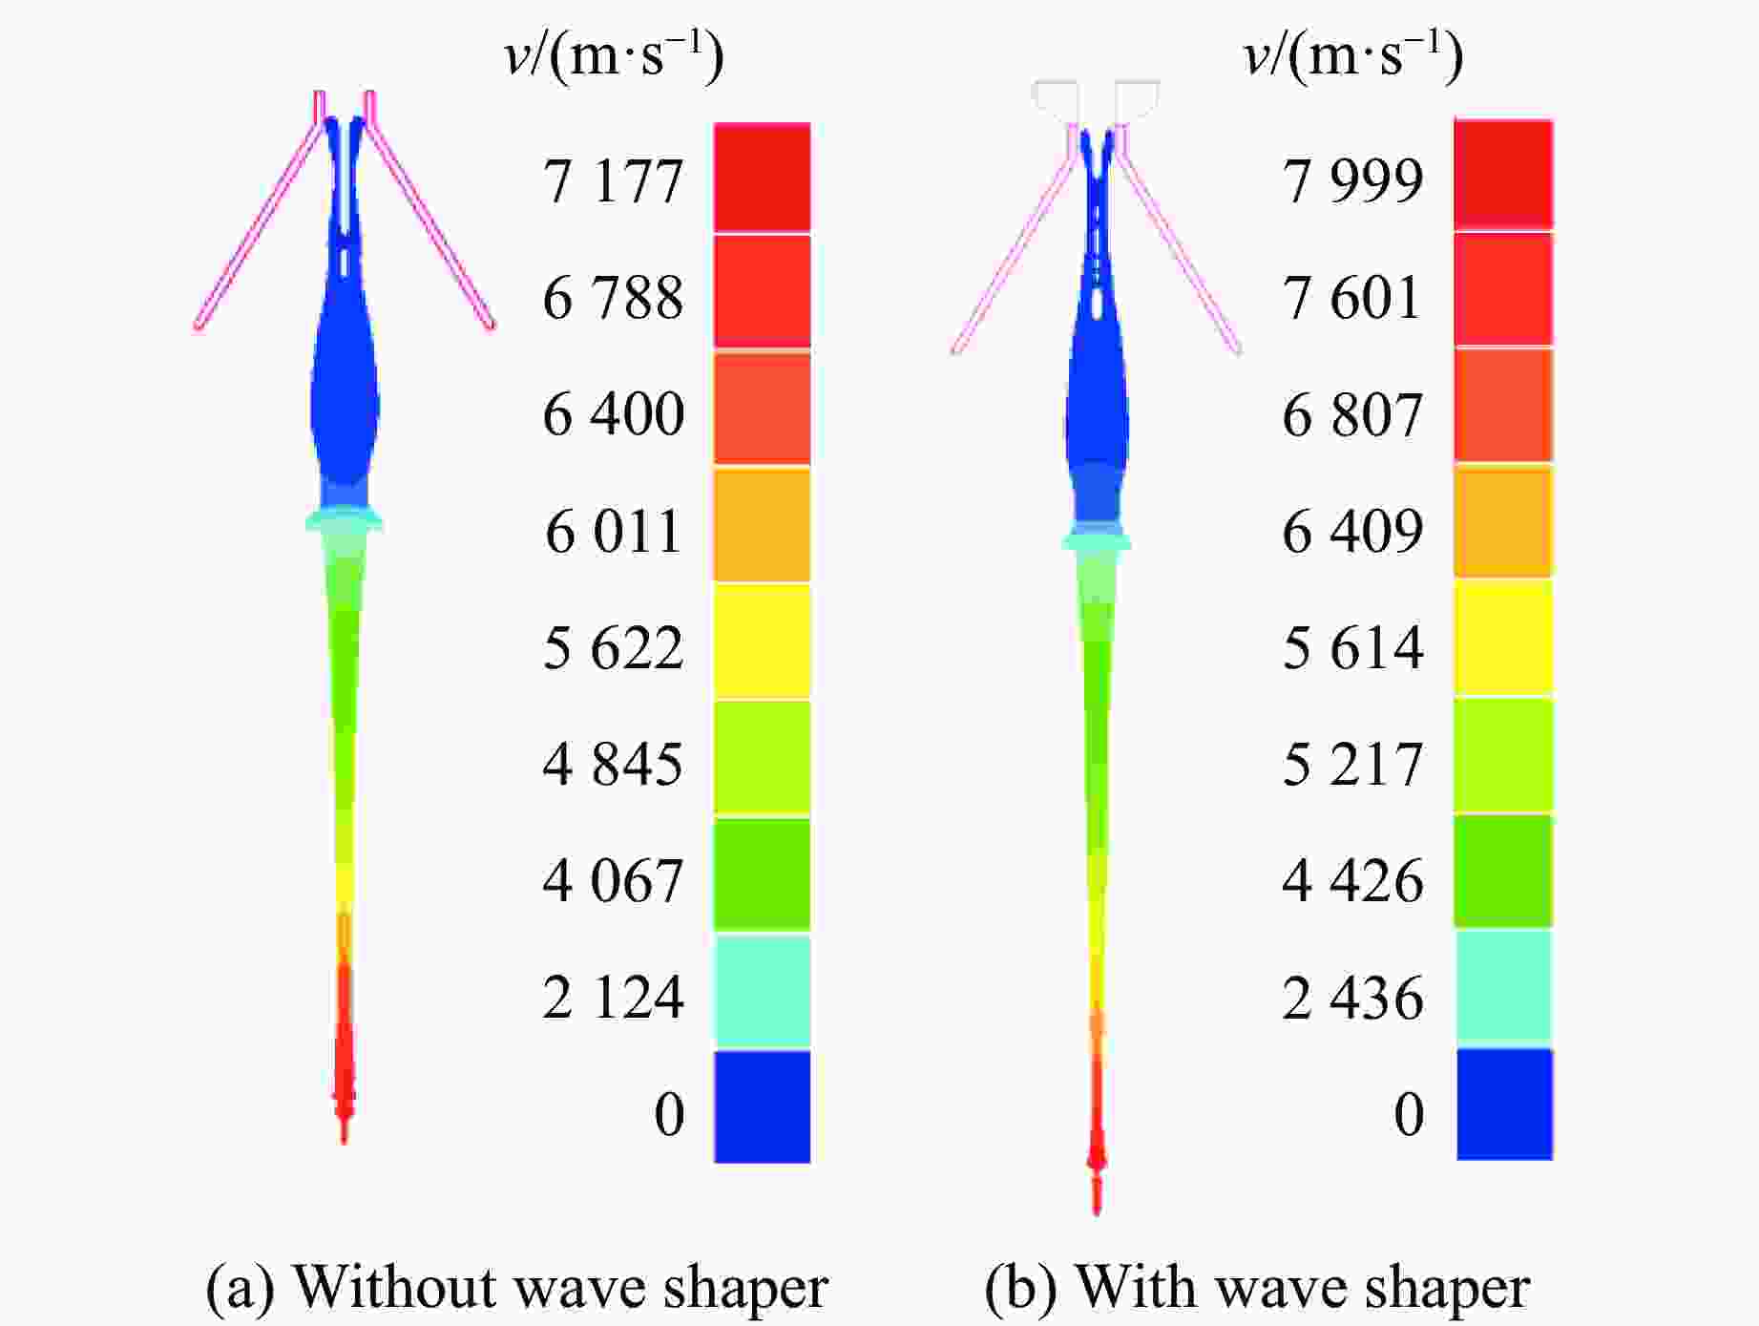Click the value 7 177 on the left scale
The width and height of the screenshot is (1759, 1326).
tap(613, 180)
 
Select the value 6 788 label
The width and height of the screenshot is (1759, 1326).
tap(613, 297)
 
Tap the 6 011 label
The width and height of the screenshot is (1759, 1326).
tap(613, 531)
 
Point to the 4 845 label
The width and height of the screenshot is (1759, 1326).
tap(613, 764)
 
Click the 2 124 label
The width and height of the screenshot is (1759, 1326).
tap(613, 998)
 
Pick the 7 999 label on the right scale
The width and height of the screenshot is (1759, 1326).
tap(1352, 179)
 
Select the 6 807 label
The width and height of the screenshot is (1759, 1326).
tap(1352, 414)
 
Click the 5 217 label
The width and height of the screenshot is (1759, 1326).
tap(1352, 764)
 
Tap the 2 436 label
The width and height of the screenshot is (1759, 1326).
tap(1352, 998)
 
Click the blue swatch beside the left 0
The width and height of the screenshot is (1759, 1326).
tap(762, 1106)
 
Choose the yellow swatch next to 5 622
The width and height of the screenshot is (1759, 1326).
tap(762, 641)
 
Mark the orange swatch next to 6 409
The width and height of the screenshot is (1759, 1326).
tap(1503, 521)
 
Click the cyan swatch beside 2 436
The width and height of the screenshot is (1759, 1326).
tap(1503, 986)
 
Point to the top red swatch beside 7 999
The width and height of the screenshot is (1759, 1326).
tap(1503, 175)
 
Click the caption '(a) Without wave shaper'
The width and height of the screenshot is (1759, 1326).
tap(516, 1287)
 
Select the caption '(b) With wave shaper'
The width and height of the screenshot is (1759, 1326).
tap(1257, 1287)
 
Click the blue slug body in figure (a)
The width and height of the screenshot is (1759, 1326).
tap(345, 401)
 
